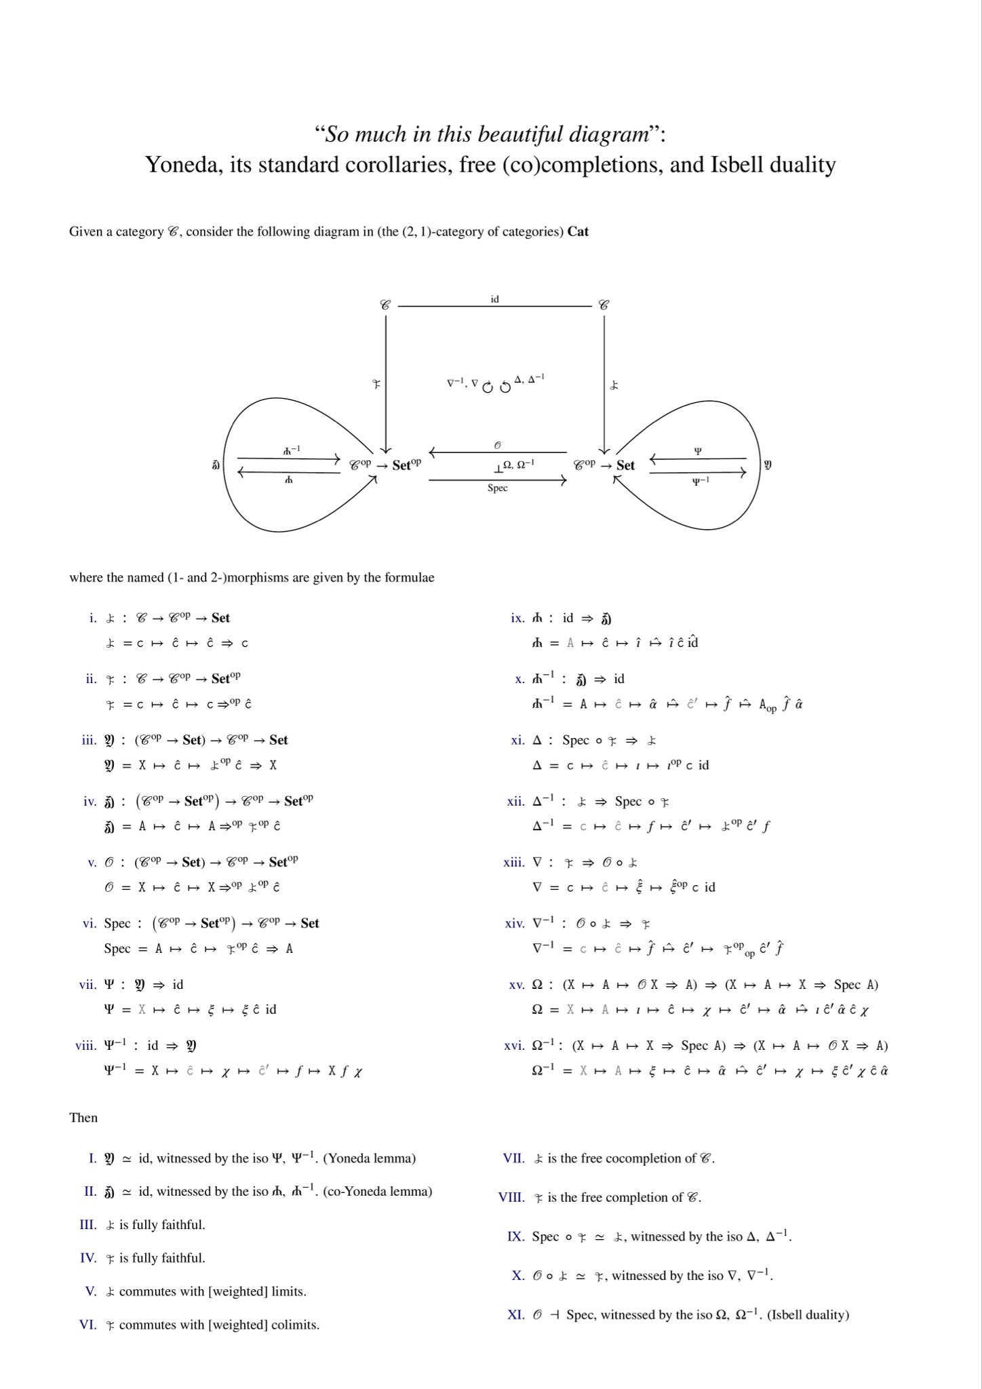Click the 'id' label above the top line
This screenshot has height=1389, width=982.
(494, 298)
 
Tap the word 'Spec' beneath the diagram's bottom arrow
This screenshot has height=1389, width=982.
(497, 488)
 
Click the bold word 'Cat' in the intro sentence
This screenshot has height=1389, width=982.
(578, 232)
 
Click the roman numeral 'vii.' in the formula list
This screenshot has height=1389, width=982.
(89, 984)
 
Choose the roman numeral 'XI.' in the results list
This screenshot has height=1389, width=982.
(515, 1314)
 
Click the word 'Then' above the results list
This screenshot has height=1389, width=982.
(83, 1117)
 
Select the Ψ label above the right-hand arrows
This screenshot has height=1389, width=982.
(698, 450)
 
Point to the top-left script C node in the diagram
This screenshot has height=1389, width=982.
(385, 305)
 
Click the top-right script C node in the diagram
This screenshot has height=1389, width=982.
(604, 305)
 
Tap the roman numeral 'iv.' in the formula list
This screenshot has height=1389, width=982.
(90, 801)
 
